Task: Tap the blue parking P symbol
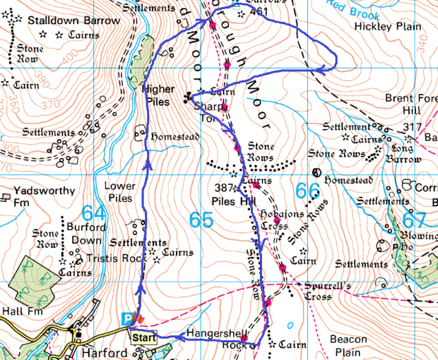click(128, 319)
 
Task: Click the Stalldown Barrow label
click(73, 20)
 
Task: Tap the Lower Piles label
click(119, 192)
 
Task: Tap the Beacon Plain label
click(348, 345)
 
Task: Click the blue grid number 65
click(201, 220)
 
